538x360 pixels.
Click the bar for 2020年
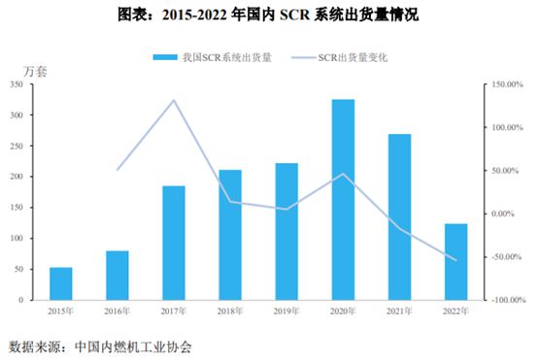click(x=343, y=200)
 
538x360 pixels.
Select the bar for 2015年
click(x=61, y=283)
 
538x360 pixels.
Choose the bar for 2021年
click(x=399, y=217)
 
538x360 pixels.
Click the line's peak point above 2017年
click(x=174, y=100)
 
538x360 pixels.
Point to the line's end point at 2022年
click(x=455, y=260)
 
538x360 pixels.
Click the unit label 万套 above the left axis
click(x=35, y=72)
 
